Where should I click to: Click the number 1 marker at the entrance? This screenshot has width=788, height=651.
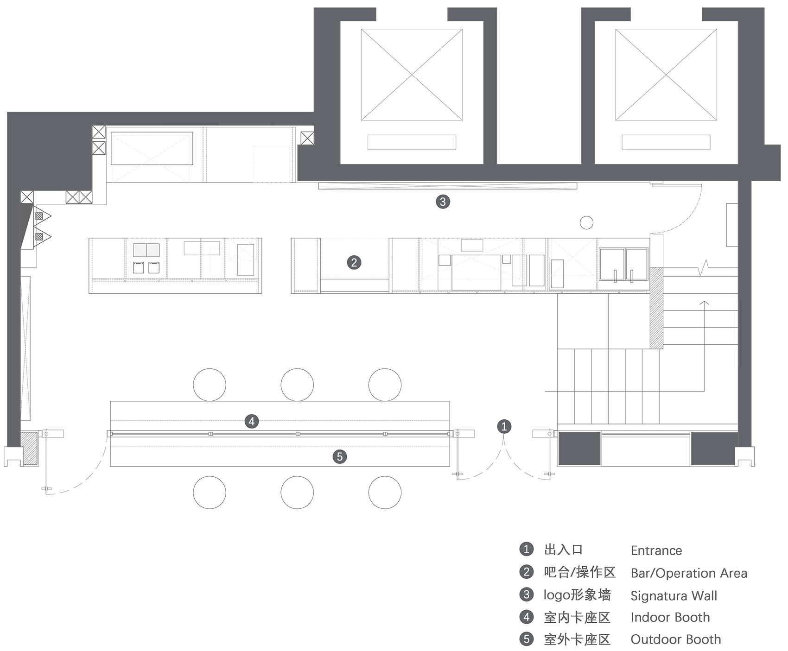[x=504, y=426]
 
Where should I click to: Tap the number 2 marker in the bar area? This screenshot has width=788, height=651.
[x=354, y=263]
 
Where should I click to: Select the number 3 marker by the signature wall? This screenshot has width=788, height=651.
[x=443, y=202]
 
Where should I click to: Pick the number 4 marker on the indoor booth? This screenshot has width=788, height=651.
[x=252, y=421]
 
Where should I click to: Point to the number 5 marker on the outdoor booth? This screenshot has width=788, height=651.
[x=340, y=457]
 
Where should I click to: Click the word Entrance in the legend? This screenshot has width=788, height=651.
[x=656, y=550]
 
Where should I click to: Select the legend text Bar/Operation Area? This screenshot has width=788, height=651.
[x=689, y=573]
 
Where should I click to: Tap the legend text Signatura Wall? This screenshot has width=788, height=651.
[x=674, y=596]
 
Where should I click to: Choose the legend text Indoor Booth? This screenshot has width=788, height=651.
[x=670, y=617]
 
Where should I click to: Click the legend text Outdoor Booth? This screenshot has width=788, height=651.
[x=675, y=639]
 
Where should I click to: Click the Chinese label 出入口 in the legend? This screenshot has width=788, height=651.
[x=563, y=550]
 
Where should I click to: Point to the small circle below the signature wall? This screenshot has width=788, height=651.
[x=586, y=223]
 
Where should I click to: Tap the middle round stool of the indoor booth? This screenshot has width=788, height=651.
[x=297, y=385]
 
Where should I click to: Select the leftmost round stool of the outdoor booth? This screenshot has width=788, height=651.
[x=210, y=493]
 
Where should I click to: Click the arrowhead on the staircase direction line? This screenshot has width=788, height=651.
[x=704, y=303]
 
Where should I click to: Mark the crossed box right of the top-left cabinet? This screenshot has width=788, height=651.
[x=307, y=138]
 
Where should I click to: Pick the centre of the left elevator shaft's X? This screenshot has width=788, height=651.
[x=412, y=75]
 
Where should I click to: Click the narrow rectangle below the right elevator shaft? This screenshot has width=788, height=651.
[x=666, y=142]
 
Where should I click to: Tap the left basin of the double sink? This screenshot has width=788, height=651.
[x=611, y=264]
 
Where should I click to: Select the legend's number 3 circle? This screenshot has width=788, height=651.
[x=526, y=594]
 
